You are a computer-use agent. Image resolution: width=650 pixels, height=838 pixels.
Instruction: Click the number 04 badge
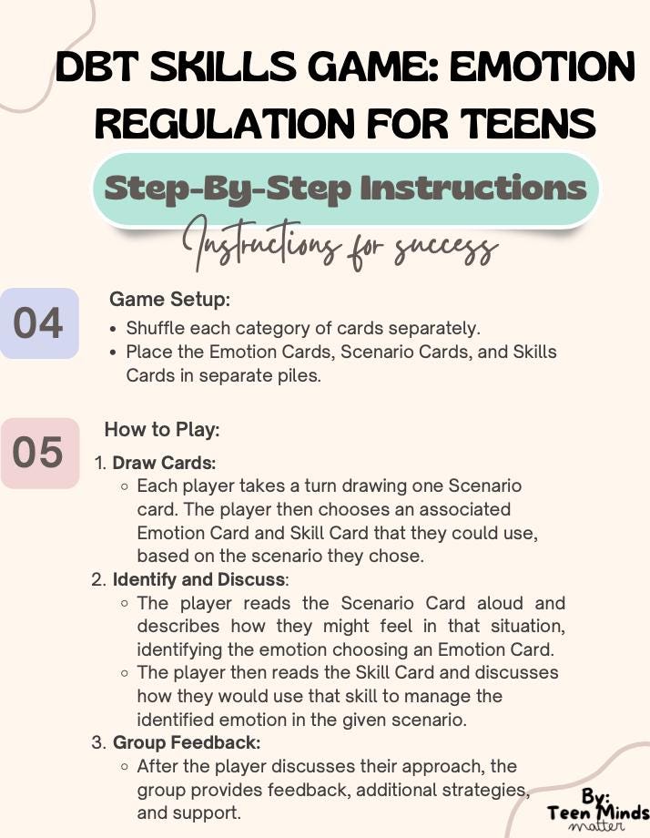coord(38,324)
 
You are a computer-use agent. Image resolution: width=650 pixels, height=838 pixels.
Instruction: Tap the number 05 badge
coord(38,453)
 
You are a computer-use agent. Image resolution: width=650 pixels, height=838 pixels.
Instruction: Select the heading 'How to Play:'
coord(162,429)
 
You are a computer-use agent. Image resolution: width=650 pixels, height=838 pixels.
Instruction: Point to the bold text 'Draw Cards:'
coord(164,463)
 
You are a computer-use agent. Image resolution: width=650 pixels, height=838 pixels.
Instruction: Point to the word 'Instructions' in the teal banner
coord(473,189)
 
